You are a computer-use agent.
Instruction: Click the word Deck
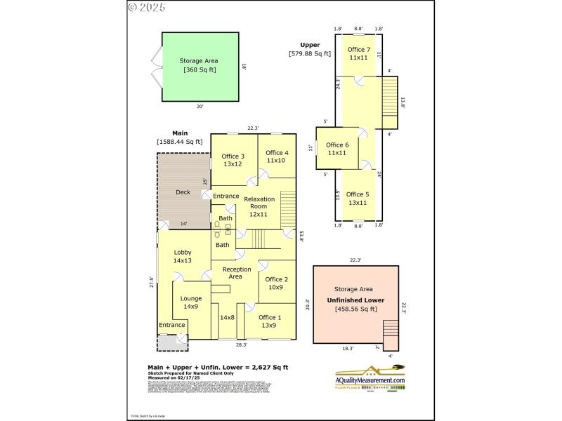(x=183, y=192)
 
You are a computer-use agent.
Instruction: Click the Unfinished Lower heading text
(x=355, y=300)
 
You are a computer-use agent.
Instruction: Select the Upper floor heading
(x=310, y=45)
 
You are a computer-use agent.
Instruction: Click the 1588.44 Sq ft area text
(x=180, y=142)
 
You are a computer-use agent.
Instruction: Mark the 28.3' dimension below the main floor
(x=241, y=345)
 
